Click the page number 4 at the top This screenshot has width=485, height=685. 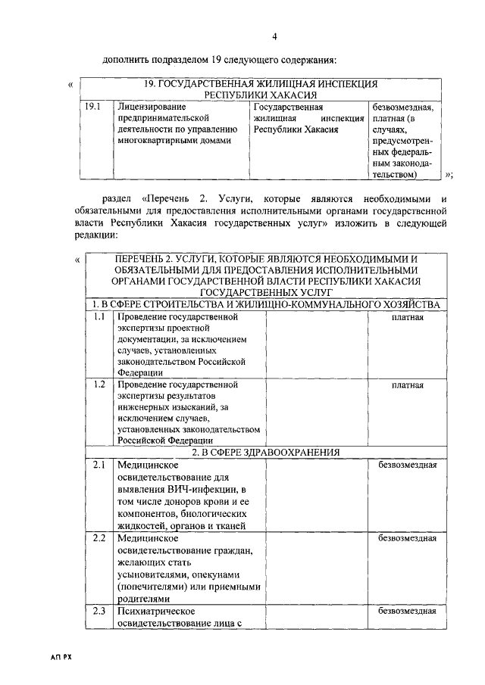pyautogui.click(x=274, y=36)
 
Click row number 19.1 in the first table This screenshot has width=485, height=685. pyautogui.click(x=93, y=107)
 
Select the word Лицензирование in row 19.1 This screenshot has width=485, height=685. pyautogui.click(x=152, y=107)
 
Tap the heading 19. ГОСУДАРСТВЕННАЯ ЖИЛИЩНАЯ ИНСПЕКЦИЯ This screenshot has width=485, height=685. pyautogui.click(x=261, y=84)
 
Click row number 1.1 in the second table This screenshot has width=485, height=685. pyautogui.click(x=99, y=316)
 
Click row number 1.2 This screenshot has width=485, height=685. pyautogui.click(x=99, y=385)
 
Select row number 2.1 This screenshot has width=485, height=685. pyautogui.click(x=99, y=465)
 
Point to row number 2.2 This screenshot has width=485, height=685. pyautogui.click(x=99, y=538)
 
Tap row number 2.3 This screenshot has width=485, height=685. pyautogui.click(x=99, y=611)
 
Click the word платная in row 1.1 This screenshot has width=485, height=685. pyautogui.click(x=407, y=316)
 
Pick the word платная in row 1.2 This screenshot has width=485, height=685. pyautogui.click(x=407, y=385)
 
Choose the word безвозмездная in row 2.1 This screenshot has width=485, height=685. pyautogui.click(x=407, y=465)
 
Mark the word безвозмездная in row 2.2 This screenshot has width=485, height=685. pyautogui.click(x=407, y=538)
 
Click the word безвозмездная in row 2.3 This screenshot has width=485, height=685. pyautogui.click(x=407, y=611)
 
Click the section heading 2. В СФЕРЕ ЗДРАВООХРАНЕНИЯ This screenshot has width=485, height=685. pyautogui.click(x=264, y=452)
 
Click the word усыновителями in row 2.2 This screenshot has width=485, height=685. pyautogui.click(x=150, y=575)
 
